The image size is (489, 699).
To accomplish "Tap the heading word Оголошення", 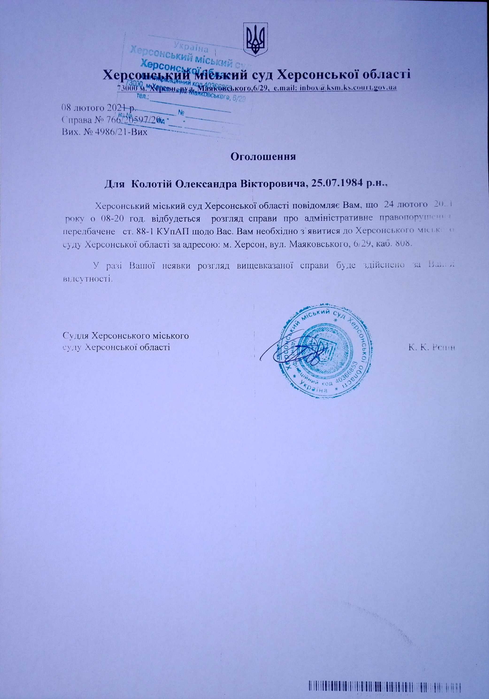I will (x=264, y=157).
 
